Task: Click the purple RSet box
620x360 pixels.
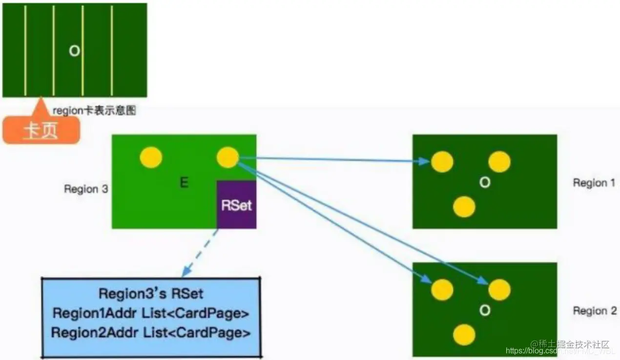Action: [236, 204]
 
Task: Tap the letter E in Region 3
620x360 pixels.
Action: [184, 183]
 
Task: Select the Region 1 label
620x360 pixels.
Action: [594, 183]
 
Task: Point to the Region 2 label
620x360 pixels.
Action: [595, 311]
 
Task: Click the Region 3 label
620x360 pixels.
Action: [86, 189]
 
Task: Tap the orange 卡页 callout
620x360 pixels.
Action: [41, 131]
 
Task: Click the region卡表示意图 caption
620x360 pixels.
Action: [94, 111]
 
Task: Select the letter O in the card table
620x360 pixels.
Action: [74, 51]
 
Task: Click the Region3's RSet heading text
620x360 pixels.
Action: [151, 294]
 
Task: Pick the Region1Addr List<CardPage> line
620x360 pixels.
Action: [151, 313]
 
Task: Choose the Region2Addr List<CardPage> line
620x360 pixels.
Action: [151, 333]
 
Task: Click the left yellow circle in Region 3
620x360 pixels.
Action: [151, 158]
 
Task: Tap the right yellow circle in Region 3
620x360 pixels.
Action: [227, 158]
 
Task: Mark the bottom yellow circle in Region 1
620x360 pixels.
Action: [464, 207]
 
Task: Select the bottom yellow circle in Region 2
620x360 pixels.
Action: [464, 335]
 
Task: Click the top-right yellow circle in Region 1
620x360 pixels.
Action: [499, 162]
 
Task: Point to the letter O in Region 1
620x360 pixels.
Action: [484, 182]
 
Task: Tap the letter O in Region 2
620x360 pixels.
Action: [484, 310]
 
